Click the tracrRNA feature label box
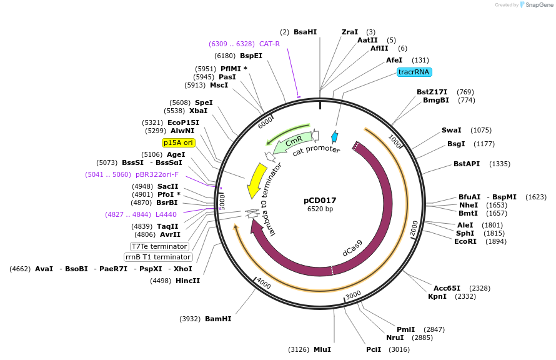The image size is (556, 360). pyautogui.click(x=414, y=72)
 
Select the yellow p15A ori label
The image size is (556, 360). pyautogui.click(x=178, y=142)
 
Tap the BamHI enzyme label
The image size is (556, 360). pyautogui.click(x=218, y=319)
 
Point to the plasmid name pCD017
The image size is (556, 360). pyautogui.click(x=320, y=201)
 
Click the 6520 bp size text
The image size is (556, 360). pyautogui.click(x=320, y=209)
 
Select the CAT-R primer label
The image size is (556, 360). pyautogui.click(x=269, y=44)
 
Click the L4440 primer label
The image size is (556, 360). pyautogui.click(x=166, y=214)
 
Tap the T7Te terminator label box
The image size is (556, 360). pyautogui.click(x=159, y=246)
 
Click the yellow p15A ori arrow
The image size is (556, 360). pyautogui.click(x=256, y=180)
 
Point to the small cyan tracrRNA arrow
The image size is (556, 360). pyautogui.click(x=335, y=137)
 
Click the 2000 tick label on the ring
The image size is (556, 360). pyautogui.click(x=414, y=229)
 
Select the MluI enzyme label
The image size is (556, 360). pyautogui.click(x=322, y=349)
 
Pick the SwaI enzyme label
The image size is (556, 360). pyautogui.click(x=451, y=130)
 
